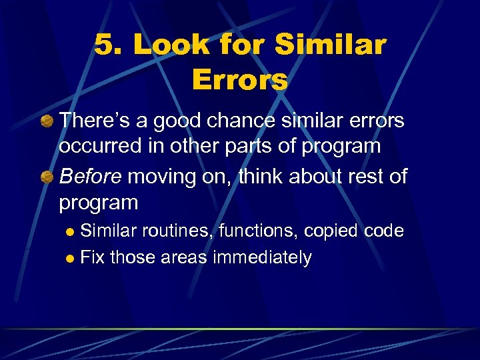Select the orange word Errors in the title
point(239,80)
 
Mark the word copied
point(333,231)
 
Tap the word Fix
point(92,257)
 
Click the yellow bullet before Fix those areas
point(71,259)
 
